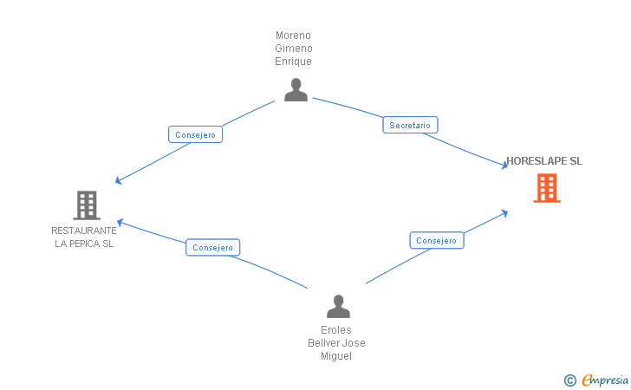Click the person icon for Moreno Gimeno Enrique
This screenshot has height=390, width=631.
296,89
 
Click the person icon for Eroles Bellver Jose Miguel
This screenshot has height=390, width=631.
338,306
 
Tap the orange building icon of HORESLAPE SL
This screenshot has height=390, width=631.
546,188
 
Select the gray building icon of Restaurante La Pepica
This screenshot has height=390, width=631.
86,205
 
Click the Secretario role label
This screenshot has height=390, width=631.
410,126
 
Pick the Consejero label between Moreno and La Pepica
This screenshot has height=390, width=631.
195,134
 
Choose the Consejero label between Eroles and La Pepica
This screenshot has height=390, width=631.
212,247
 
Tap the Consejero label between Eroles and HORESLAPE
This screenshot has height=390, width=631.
436,240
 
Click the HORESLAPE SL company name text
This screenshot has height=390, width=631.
544,161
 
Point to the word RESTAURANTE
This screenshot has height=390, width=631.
84,231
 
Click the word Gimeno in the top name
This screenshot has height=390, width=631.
294,49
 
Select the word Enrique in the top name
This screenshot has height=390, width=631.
294,62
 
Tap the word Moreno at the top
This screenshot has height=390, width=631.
294,36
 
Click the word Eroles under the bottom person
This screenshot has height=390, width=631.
336,330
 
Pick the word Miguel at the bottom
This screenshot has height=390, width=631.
336,356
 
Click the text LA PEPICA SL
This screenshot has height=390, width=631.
84,244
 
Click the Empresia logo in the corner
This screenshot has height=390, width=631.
605,380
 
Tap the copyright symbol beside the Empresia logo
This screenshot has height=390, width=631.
569,380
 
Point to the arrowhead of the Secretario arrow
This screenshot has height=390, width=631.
504,166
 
